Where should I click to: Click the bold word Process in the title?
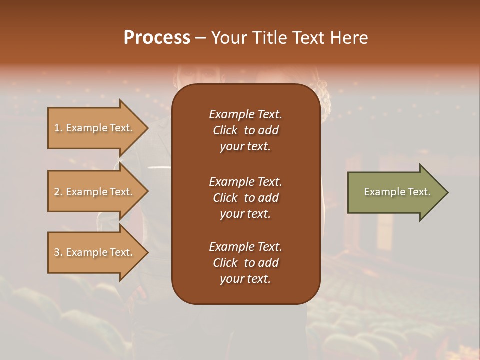(157, 38)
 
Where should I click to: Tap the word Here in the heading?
(348, 38)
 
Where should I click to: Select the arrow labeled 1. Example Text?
(95, 128)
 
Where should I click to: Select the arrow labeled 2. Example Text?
(95, 192)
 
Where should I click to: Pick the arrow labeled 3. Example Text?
(95, 252)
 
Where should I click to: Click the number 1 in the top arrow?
(57, 128)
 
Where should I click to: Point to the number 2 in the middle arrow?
(57, 192)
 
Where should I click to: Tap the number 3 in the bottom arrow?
(57, 252)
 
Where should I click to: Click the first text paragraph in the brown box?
(245, 130)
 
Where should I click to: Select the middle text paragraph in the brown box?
(245, 198)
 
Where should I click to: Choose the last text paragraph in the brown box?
(245, 263)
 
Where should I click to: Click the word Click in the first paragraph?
(225, 131)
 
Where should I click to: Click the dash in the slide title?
(200, 38)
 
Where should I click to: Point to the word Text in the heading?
(307, 38)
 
